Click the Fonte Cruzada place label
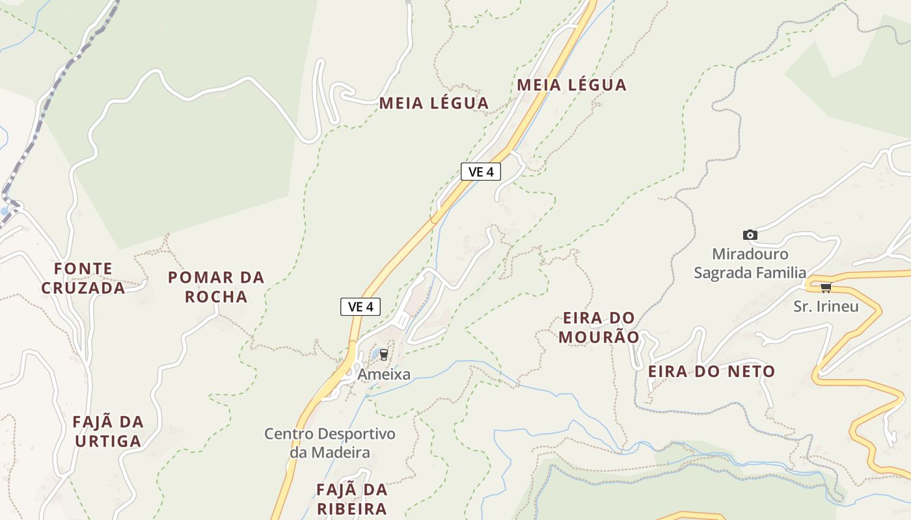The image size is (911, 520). point(83,278)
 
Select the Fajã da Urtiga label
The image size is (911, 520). point(108,432)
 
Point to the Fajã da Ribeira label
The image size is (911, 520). point(351,499)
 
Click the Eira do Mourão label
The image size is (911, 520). point(599,328)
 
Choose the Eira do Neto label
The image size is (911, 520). point(711,372)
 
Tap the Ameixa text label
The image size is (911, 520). point(384,374)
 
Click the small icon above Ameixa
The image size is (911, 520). point(383,355)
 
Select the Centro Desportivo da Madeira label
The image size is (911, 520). point(330,443)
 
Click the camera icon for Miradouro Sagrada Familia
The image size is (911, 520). point(750,235)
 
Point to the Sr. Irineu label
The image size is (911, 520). point(826,306)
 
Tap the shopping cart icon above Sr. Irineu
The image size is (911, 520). point(825,287)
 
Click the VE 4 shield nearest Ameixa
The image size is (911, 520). point(360,307)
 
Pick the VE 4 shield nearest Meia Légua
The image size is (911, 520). point(480,172)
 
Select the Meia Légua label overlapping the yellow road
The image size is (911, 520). point(571,84)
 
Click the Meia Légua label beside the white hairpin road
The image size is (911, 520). point(433,103)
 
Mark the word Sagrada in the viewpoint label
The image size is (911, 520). point(723,272)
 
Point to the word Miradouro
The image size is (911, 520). point(750,254)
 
